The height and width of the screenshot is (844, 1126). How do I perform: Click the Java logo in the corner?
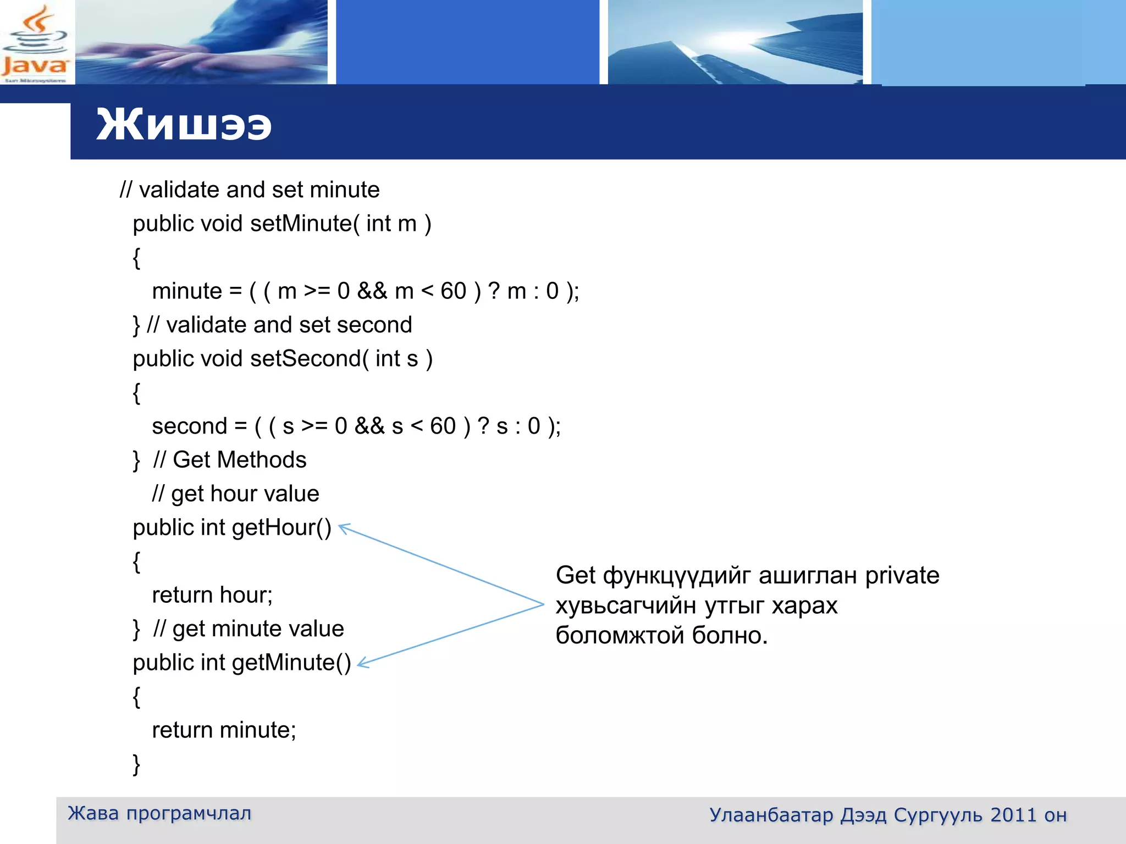(x=35, y=43)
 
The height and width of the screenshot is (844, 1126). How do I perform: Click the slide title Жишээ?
(x=184, y=125)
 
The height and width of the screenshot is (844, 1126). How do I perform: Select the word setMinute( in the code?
(x=305, y=224)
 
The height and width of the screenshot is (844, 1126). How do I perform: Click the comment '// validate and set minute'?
(x=250, y=190)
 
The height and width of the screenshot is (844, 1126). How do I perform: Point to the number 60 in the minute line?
(x=453, y=291)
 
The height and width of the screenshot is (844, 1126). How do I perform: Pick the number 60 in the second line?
(x=443, y=426)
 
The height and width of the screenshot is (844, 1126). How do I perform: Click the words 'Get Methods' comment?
(x=240, y=460)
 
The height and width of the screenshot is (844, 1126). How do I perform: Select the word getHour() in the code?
(x=281, y=527)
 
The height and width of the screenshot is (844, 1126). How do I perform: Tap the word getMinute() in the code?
(x=291, y=663)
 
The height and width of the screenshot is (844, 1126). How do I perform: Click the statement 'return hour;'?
(x=212, y=595)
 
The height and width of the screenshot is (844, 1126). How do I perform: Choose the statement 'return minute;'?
(x=224, y=730)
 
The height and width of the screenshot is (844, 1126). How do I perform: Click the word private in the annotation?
(x=902, y=576)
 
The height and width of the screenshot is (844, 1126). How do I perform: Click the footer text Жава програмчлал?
(x=159, y=813)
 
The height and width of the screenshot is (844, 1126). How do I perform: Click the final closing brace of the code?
(x=136, y=764)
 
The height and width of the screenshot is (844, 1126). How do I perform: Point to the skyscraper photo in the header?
(x=735, y=43)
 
